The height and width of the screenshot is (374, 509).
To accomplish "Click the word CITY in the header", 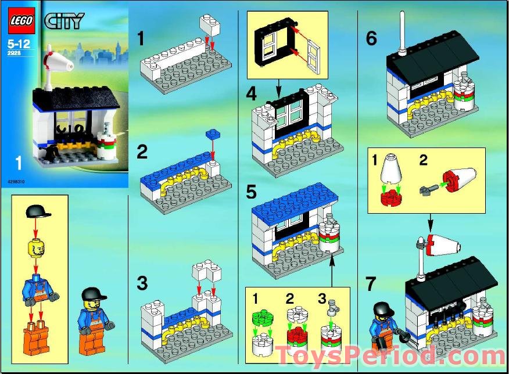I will (63, 22).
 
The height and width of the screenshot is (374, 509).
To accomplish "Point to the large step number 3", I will (142, 284).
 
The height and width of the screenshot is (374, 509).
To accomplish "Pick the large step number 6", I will (371, 39).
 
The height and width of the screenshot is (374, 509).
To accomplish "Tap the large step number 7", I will (371, 284).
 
